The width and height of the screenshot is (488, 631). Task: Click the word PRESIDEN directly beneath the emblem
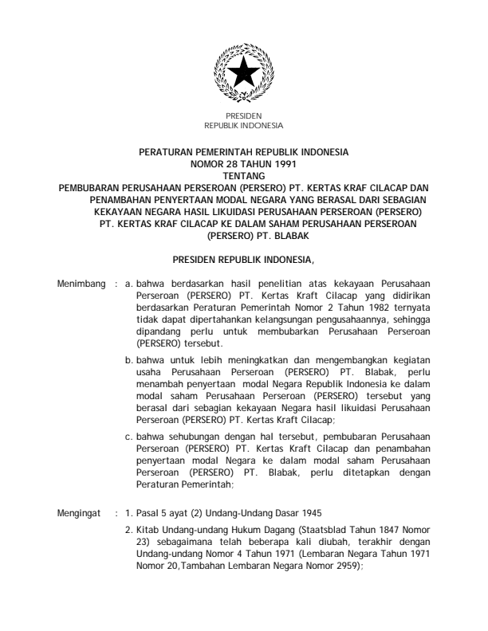click(244, 117)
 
